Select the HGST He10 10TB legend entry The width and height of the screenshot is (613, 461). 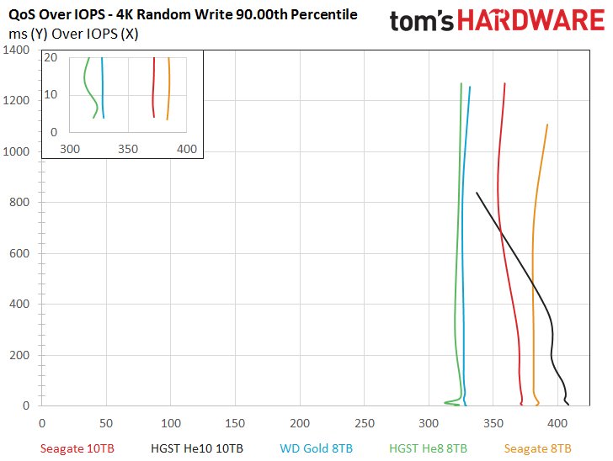pos(196,448)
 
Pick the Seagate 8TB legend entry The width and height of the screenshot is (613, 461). pos(538,448)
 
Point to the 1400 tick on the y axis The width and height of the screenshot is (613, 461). pos(16,50)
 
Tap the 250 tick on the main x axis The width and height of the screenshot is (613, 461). pos(365,422)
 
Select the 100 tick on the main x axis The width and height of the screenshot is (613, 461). pos(171,422)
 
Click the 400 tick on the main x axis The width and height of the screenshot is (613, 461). pos(558,422)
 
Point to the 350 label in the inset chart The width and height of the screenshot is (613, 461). pos(128,149)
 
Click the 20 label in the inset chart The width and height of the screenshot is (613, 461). pos(51,57)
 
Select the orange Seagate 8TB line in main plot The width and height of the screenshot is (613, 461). pos(534,252)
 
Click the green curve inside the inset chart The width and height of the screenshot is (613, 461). pos(86,84)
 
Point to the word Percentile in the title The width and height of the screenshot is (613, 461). pos(323,15)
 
